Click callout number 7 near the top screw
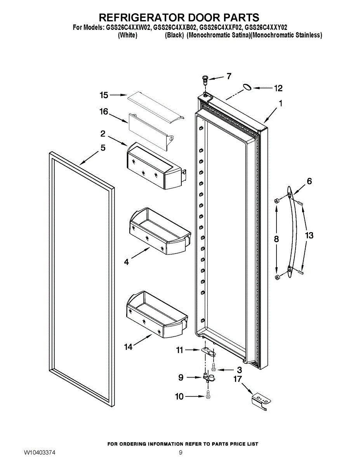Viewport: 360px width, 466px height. tap(229, 76)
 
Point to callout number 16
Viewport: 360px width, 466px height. tap(104, 112)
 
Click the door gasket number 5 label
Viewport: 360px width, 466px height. tap(103, 148)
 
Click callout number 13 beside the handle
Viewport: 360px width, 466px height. tap(309, 235)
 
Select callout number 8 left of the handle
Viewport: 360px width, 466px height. tap(276, 239)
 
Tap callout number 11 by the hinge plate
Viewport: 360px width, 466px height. tap(179, 350)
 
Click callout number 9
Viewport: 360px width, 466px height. tap(181, 377)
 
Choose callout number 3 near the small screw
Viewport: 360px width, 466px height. tap(239, 370)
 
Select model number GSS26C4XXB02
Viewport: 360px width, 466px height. tap(175, 28)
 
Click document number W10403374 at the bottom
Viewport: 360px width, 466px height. tap(39, 453)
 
